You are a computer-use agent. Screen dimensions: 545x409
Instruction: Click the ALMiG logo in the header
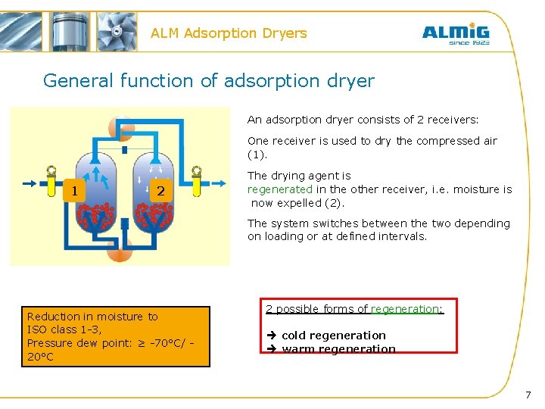tap(455, 33)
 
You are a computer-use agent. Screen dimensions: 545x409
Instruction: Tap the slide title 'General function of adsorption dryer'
tap(208, 80)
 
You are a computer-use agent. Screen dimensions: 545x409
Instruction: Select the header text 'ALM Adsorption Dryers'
tap(229, 33)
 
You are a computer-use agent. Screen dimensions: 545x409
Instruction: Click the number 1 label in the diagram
tap(74, 190)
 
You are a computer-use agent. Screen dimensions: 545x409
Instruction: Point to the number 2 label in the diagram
tap(160, 191)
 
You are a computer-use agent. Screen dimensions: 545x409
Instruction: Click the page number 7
tap(528, 395)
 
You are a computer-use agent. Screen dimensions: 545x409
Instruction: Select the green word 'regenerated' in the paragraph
tap(279, 189)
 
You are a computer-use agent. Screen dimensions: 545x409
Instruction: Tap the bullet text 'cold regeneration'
tap(333, 336)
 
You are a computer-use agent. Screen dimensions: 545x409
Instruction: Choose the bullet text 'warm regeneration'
tap(338, 348)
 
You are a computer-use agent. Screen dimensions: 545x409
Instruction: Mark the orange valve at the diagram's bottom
tap(120, 249)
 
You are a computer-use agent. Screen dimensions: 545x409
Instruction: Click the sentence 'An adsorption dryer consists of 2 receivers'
tap(363, 120)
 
